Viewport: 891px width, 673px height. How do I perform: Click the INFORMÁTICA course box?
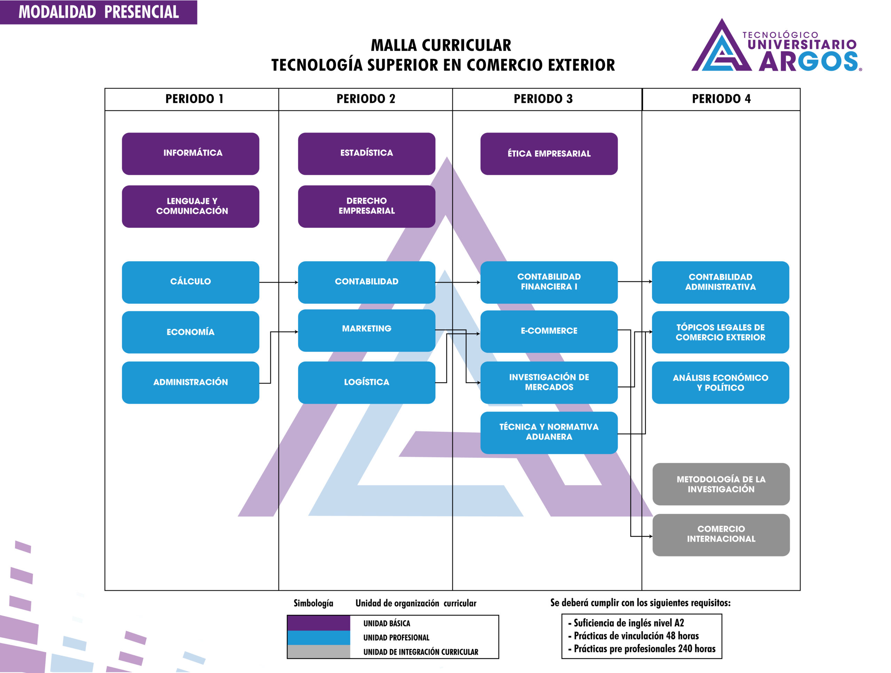point(190,153)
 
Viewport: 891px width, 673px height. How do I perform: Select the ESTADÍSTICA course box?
point(366,153)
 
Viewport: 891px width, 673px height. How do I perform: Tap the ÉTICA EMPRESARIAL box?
point(549,153)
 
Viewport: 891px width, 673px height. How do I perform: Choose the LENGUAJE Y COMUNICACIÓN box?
point(190,206)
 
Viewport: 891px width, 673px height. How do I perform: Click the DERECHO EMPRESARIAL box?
point(366,206)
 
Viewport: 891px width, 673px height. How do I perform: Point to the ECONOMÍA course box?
point(190,332)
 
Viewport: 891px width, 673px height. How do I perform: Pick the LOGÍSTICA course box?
point(366,382)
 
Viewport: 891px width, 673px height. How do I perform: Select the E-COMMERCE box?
point(549,331)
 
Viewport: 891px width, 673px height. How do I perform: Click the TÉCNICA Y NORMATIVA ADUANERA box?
point(549,432)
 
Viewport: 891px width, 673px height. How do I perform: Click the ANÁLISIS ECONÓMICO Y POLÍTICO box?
point(720,382)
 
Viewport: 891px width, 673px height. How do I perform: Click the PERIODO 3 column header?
point(543,99)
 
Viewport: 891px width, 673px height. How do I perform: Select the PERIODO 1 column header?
point(194,99)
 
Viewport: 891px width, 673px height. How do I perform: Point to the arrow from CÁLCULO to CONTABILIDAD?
point(278,282)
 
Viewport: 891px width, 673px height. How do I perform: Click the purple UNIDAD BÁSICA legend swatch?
point(318,623)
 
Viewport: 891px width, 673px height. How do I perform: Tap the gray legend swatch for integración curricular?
point(318,651)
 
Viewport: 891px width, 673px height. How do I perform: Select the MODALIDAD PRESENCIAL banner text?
point(99,12)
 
